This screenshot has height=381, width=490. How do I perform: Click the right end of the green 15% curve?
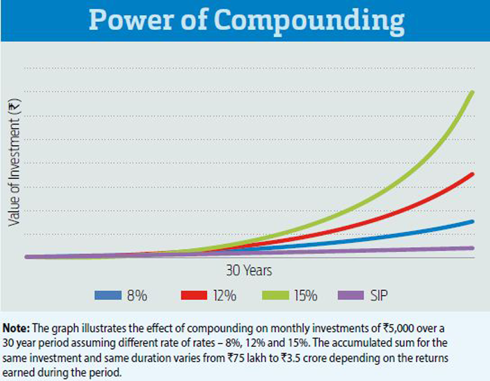(x=473, y=93)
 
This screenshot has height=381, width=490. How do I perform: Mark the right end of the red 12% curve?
(x=473, y=174)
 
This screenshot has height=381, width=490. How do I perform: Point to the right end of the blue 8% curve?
(x=473, y=221)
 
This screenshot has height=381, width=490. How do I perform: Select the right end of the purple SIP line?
(x=473, y=248)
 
